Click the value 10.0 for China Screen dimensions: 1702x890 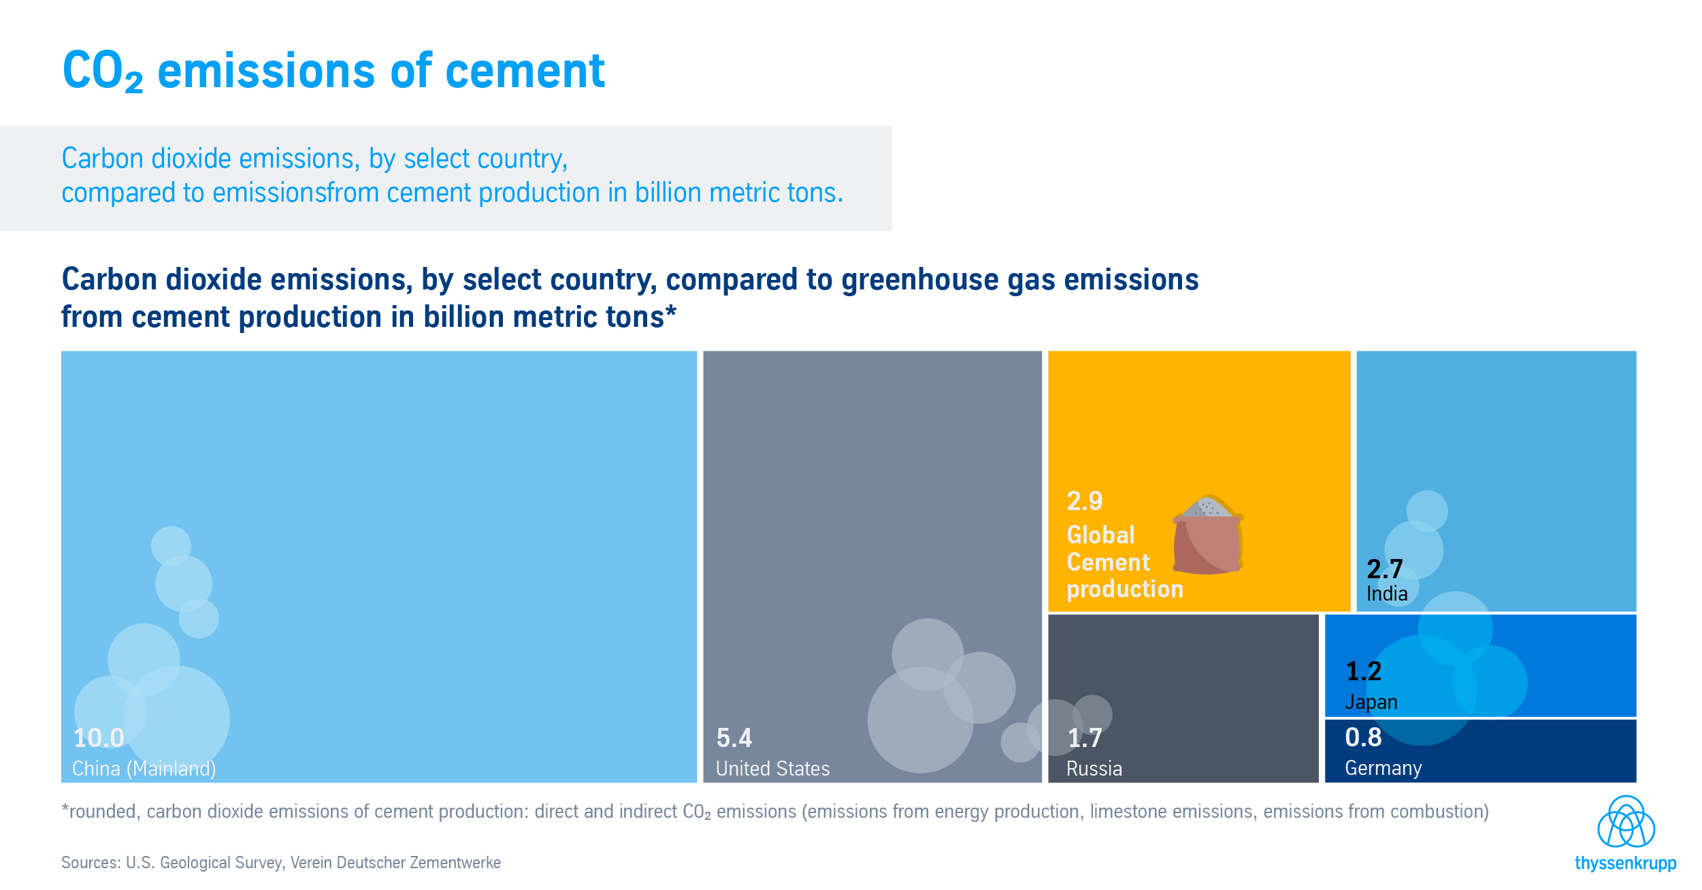click(x=99, y=738)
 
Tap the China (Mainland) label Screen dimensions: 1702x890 click(x=144, y=769)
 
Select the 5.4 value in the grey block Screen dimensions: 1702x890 click(x=734, y=738)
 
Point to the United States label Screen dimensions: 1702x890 click(x=772, y=769)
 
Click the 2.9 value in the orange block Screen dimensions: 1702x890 click(x=1085, y=501)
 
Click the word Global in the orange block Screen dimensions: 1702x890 click(x=1100, y=535)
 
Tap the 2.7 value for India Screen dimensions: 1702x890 click(x=1385, y=569)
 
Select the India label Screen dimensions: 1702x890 click(x=1387, y=594)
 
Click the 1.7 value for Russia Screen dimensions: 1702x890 click(x=1085, y=738)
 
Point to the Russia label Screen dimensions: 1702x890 click(x=1094, y=769)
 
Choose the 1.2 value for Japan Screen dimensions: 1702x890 click(x=1364, y=672)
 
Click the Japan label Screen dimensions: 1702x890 click(x=1371, y=702)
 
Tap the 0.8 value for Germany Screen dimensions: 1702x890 click(x=1363, y=737)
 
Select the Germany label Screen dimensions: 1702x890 click(x=1384, y=768)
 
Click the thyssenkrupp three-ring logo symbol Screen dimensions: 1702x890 click(x=1626, y=822)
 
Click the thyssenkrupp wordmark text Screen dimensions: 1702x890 click(x=1625, y=863)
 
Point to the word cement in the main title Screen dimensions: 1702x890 click(x=525, y=71)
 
